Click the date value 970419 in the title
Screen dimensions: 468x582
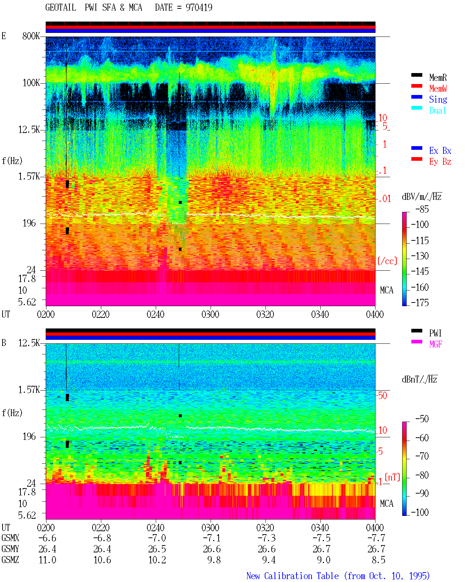click(x=199, y=7)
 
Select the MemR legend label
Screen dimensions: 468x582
click(x=438, y=77)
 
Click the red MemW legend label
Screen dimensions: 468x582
click(x=438, y=88)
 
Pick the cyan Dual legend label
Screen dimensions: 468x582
click(x=437, y=110)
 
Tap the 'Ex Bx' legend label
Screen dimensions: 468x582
click(x=440, y=151)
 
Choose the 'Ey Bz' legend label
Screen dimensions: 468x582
click(x=440, y=162)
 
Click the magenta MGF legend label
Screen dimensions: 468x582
click(x=435, y=344)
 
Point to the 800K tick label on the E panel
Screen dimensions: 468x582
click(x=31, y=36)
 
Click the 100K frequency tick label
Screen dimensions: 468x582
click(x=31, y=83)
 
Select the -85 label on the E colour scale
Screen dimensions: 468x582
click(x=422, y=209)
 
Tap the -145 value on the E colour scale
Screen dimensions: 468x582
click(x=420, y=271)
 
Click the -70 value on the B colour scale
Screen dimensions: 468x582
click(x=422, y=456)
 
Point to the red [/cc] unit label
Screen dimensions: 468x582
click(x=387, y=261)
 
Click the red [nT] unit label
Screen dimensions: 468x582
click(x=392, y=477)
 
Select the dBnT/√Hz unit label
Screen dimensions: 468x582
click(x=420, y=380)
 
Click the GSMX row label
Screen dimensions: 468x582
click(x=10, y=538)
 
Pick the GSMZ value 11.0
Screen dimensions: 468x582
click(x=48, y=560)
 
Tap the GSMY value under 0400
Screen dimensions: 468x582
click(x=376, y=549)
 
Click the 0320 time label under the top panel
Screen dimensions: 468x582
click(x=265, y=315)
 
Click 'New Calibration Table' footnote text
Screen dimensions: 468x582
click(x=292, y=576)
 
